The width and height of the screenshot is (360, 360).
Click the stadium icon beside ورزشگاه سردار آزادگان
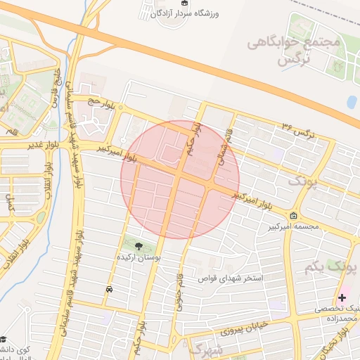[185, 3]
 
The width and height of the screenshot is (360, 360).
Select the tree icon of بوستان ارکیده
[138, 246]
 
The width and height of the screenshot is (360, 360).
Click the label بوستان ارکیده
[139, 258]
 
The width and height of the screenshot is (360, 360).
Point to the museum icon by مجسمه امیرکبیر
[293, 215]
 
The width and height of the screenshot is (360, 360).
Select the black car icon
[109, 289]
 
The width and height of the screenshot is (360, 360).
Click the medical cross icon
[342, 297]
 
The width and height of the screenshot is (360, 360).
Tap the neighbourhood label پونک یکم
[331, 268]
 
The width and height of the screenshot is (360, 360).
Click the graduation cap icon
[4, 340]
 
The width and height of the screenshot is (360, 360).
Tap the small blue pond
[352, 101]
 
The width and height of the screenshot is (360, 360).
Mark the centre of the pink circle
[180, 179]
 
